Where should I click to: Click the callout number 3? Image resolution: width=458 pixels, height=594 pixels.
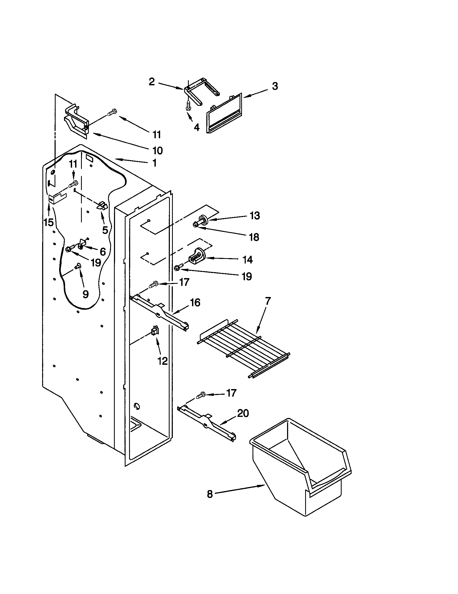point(275,86)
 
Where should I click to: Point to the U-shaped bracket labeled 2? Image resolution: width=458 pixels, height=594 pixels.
point(201,92)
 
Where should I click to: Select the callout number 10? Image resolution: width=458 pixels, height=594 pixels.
point(157,150)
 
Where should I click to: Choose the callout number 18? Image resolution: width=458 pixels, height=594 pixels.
point(254,237)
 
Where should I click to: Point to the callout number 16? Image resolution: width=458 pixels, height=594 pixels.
point(195,303)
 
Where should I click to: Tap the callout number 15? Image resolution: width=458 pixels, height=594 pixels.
point(49,222)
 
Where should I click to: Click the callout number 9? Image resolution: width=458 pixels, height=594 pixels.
point(85,294)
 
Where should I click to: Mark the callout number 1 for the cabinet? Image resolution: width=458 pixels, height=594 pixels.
point(154,163)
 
